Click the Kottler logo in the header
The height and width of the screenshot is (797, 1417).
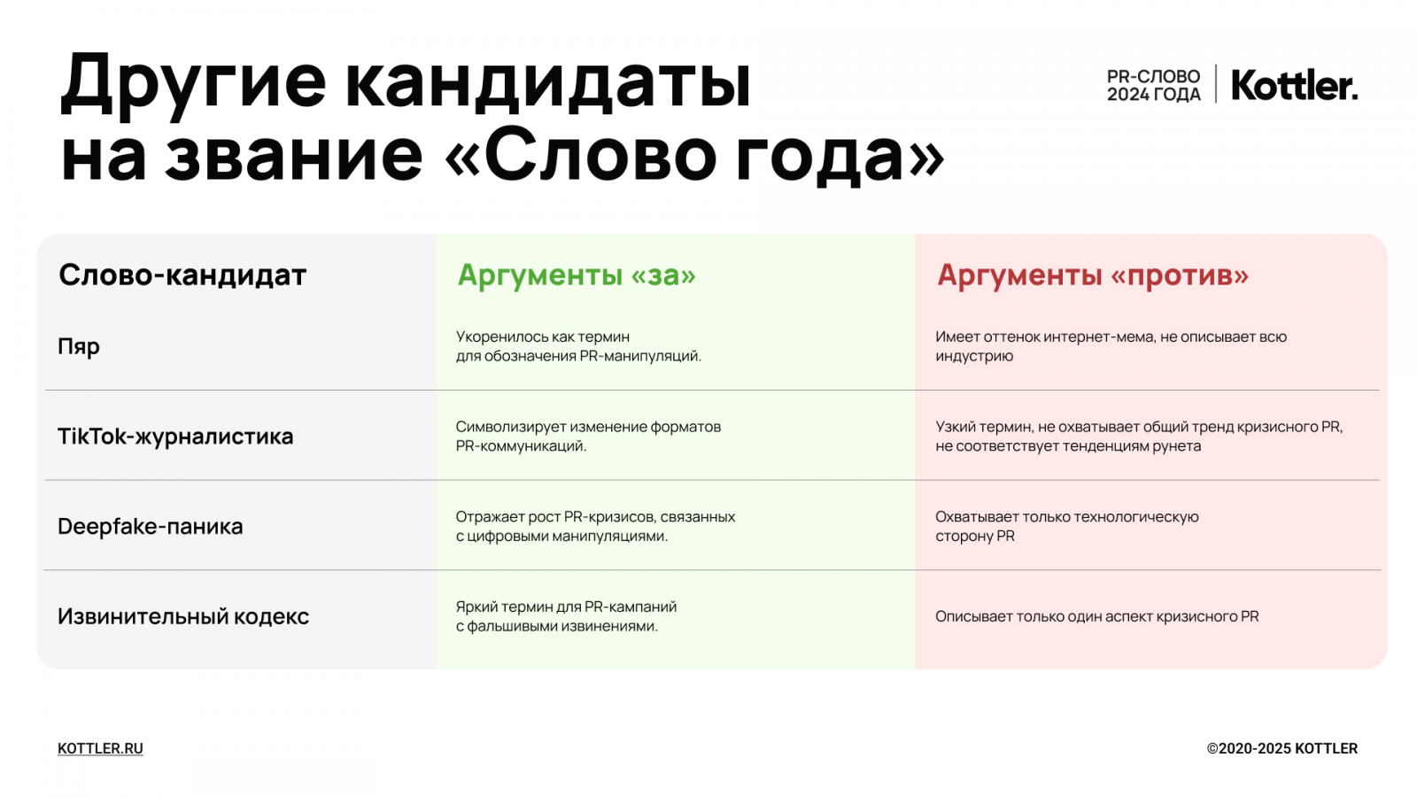tap(1294, 85)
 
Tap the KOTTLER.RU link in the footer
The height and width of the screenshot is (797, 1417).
tap(100, 748)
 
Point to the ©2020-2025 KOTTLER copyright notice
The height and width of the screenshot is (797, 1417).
tap(1281, 748)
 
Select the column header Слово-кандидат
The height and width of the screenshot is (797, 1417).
tap(182, 275)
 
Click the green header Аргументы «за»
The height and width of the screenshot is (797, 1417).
tap(577, 275)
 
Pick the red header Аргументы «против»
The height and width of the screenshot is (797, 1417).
tap(1093, 275)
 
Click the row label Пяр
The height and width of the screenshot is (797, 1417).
tap(79, 346)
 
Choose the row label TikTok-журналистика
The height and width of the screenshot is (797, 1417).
tap(175, 437)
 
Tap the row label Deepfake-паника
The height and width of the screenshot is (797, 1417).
tap(150, 526)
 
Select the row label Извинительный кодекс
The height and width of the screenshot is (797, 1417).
tap(183, 616)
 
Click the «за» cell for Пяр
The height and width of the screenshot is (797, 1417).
tap(578, 346)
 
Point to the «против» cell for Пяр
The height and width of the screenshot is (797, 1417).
tap(1111, 346)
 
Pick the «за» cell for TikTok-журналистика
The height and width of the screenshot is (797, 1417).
tap(588, 436)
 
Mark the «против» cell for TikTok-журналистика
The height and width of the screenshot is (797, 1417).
tap(1139, 436)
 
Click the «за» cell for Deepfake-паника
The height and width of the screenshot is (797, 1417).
tap(595, 526)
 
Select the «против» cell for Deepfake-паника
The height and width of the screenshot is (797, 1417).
tap(1066, 526)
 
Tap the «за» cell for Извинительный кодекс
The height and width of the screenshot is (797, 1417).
tap(566, 616)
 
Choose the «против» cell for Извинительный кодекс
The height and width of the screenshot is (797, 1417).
tap(1097, 616)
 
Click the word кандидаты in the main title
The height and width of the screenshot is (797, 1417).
tap(548, 82)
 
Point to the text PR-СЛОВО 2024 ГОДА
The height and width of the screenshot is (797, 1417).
tap(1153, 85)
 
